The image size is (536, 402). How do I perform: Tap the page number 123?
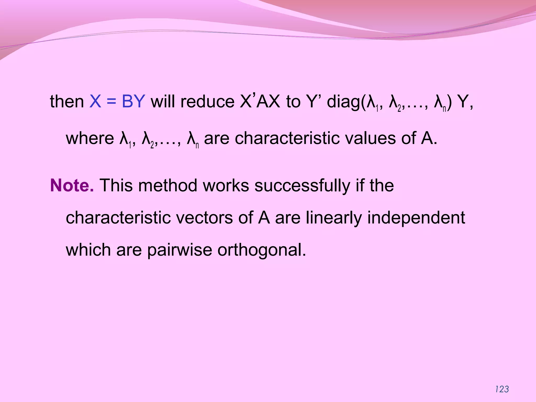pos(502,389)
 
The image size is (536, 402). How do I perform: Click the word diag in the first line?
pos(343,102)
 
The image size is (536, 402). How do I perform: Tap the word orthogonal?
pos(262,250)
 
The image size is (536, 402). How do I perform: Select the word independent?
pos(416,218)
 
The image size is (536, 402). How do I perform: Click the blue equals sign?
pos(111,102)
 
